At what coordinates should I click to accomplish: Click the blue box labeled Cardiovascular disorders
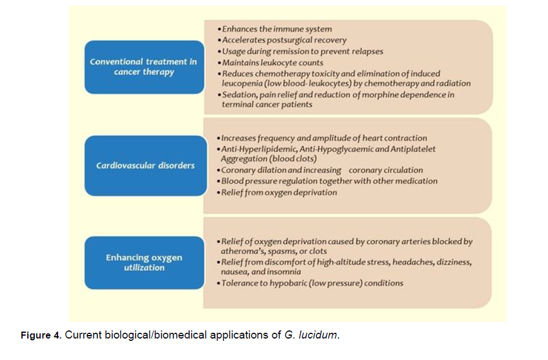[x=145, y=166]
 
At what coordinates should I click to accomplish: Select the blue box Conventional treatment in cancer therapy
[x=144, y=67]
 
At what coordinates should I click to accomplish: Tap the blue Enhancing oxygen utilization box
[x=144, y=262]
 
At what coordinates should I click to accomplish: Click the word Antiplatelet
[x=412, y=149]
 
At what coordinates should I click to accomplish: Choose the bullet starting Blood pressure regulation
[x=328, y=181]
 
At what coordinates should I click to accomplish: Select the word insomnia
[x=285, y=271]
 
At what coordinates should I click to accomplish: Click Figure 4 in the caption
[x=41, y=336]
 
